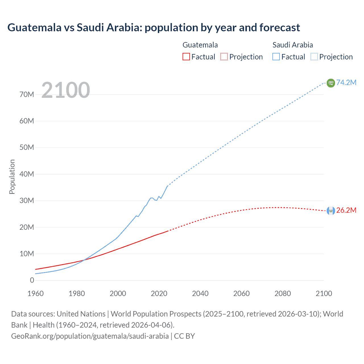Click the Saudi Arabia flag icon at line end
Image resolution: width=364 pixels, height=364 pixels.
pyautogui.click(x=331, y=83)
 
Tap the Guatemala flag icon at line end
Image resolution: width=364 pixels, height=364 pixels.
pyautogui.click(x=331, y=210)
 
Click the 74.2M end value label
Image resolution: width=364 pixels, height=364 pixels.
pyautogui.click(x=346, y=82)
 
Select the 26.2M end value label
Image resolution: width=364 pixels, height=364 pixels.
pyautogui.click(x=346, y=210)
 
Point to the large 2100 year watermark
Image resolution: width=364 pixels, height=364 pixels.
pyautogui.click(x=66, y=90)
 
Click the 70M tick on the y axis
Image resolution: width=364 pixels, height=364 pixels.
pyautogui.click(x=27, y=94)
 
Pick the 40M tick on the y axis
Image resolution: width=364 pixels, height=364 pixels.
pyautogui.click(x=27, y=174)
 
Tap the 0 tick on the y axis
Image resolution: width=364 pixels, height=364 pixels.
pyautogui.click(x=32, y=280)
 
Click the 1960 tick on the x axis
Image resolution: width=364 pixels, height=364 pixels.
pyautogui.click(x=36, y=293)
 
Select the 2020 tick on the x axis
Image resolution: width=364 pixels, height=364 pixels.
pyautogui.click(x=159, y=293)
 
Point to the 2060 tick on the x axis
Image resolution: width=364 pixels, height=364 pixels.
pyautogui.click(x=241, y=293)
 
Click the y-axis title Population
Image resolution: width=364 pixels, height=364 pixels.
pyautogui.click(x=12, y=177)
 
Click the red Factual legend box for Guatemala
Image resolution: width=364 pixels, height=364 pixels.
pyautogui.click(x=186, y=57)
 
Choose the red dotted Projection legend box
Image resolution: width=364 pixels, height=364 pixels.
pyautogui.click(x=224, y=57)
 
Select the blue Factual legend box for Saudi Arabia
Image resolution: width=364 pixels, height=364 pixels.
pyautogui.click(x=276, y=57)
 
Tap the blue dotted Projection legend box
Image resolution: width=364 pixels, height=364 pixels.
pyautogui.click(x=314, y=57)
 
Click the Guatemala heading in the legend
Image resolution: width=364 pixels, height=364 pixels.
pyautogui.click(x=200, y=45)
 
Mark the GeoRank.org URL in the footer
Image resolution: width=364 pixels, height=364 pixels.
pyautogui.click(x=90, y=336)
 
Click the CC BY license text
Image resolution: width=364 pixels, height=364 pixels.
pyautogui.click(x=184, y=336)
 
